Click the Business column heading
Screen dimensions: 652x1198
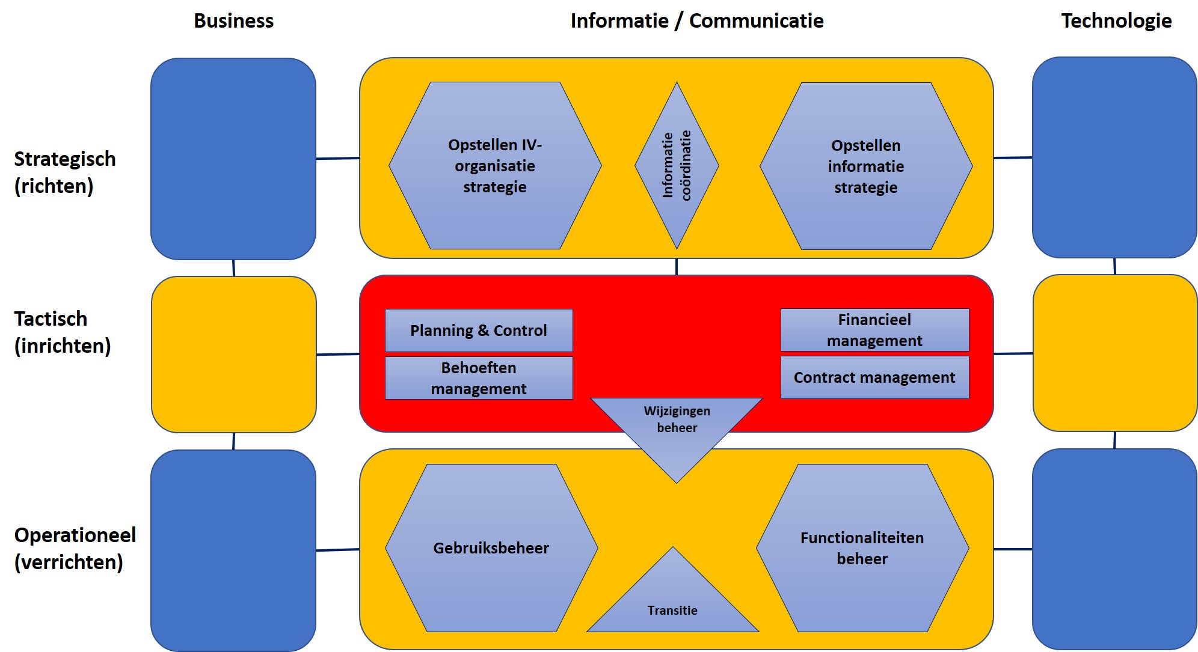pyautogui.click(x=233, y=21)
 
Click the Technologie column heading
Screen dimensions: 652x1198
pyautogui.click(x=1116, y=21)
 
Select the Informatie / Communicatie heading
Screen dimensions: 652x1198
pyautogui.click(x=696, y=21)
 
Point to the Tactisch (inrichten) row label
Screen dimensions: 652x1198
pyautogui.click(x=62, y=332)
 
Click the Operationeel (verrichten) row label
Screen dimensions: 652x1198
pyautogui.click(x=75, y=549)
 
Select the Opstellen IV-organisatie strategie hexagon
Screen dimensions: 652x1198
pyautogui.click(x=494, y=166)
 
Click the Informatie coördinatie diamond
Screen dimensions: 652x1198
pyautogui.click(x=677, y=165)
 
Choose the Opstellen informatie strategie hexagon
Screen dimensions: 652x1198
pyautogui.click(x=865, y=166)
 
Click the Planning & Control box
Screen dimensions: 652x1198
pyautogui.click(x=479, y=331)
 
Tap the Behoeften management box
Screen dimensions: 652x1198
pyautogui.click(x=479, y=378)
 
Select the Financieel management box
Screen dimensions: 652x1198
pyautogui.click(x=874, y=330)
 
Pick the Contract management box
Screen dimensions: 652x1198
pyautogui.click(x=874, y=377)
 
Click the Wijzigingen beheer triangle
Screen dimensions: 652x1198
pyautogui.click(x=677, y=427)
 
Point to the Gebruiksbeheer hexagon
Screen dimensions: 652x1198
pyautogui.click(x=491, y=548)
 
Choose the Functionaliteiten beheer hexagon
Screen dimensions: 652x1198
pyautogui.click(x=862, y=548)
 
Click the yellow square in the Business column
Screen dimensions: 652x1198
pyautogui.click(x=233, y=355)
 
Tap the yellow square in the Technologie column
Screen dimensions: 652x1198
pyautogui.click(x=1114, y=353)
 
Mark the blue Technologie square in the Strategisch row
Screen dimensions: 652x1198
pyautogui.click(x=1114, y=157)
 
